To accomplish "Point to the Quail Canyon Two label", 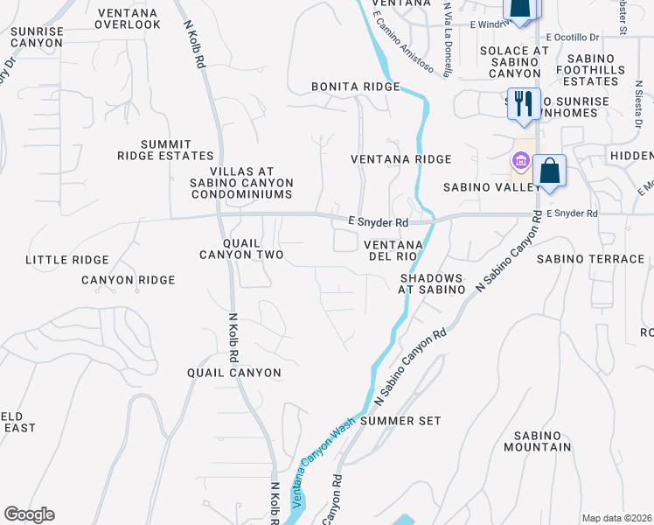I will pyautogui.click(x=241, y=248).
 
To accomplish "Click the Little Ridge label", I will pyautogui.click(x=67, y=260).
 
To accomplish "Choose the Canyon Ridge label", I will pyautogui.click(x=129, y=280).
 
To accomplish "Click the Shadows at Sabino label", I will pyautogui.click(x=431, y=283).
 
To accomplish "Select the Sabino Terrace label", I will pyautogui.click(x=590, y=259).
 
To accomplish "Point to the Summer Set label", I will pyautogui.click(x=400, y=421).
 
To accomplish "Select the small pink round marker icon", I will pyautogui.click(x=520, y=161).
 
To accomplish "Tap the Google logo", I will pyautogui.click(x=29, y=514).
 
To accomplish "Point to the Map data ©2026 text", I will pyautogui.click(x=616, y=518).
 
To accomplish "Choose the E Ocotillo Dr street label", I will pyautogui.click(x=573, y=38).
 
